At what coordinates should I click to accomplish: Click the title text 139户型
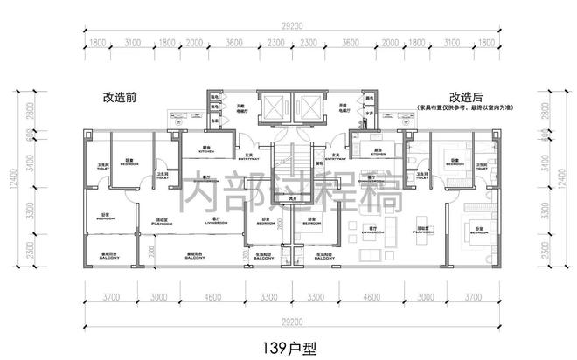tap(288, 346)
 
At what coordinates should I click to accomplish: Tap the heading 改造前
tap(120, 98)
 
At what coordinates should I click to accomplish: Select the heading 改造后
tap(466, 98)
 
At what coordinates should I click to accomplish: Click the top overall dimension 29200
tap(288, 28)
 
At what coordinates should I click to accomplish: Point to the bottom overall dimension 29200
tap(288, 320)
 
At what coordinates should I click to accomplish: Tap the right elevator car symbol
tap(309, 107)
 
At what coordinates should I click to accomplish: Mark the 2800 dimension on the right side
tap(559, 108)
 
